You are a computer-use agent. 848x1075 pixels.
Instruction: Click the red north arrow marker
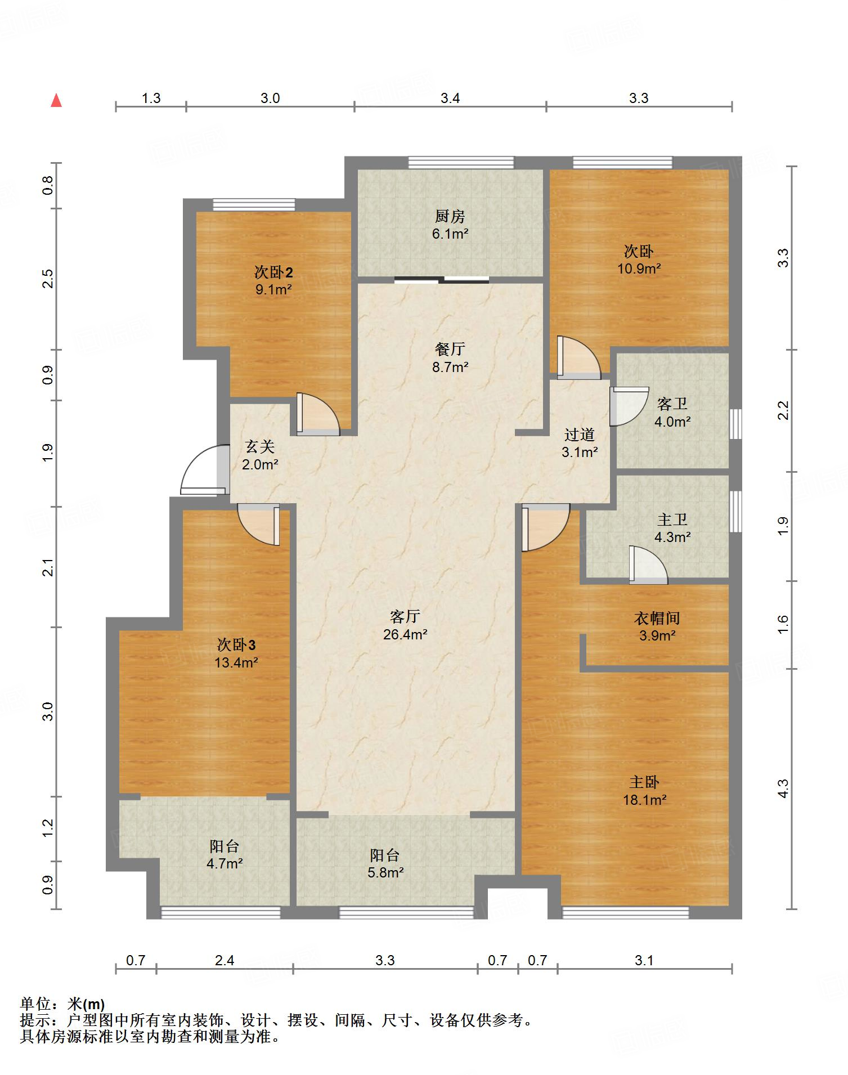[x=56, y=100]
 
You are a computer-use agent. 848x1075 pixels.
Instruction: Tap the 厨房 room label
[x=450, y=216]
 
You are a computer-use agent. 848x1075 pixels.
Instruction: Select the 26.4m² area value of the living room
[x=405, y=635]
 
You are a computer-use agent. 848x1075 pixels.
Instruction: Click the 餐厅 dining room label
[x=450, y=349]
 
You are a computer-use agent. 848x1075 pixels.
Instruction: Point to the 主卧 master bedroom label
[x=644, y=782]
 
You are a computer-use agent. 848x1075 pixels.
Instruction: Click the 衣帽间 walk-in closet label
[x=657, y=618]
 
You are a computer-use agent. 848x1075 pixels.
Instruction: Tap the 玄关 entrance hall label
[x=260, y=447]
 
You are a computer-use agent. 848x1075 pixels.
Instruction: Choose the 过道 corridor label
[x=580, y=435]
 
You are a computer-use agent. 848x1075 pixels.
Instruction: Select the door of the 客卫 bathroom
[x=629, y=406]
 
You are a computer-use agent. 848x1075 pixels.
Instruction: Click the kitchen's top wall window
[x=461, y=163]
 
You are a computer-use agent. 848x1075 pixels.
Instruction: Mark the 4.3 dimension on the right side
[x=783, y=789]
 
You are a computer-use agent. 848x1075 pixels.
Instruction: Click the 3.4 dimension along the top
[x=450, y=98]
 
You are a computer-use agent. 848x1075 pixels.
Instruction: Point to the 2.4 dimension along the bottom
[x=225, y=960]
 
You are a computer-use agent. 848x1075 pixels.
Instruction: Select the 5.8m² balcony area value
[x=385, y=873]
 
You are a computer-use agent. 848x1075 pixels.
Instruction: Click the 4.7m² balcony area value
[x=225, y=863]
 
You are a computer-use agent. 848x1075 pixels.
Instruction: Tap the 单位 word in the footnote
[x=35, y=1004]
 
